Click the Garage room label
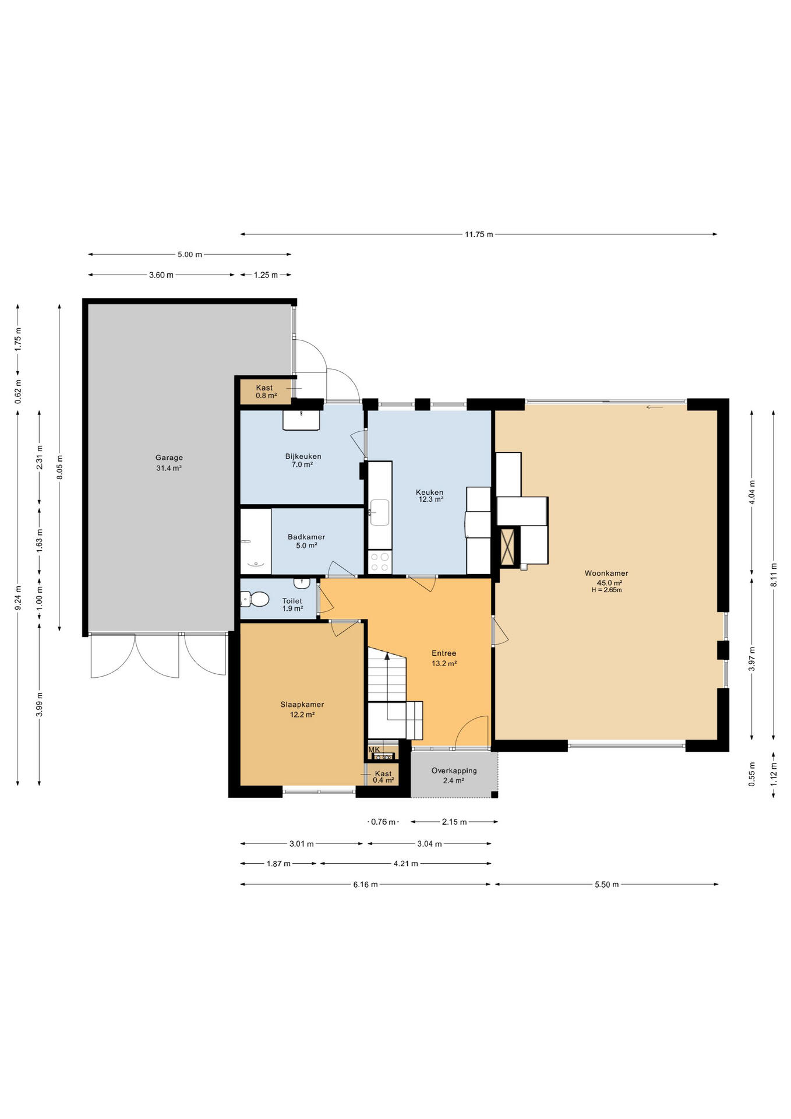pyautogui.click(x=169, y=458)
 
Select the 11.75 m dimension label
pyautogui.click(x=479, y=234)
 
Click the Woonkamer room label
pyautogui.click(x=606, y=573)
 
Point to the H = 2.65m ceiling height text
pyautogui.click(x=606, y=590)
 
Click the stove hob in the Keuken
pyautogui.click(x=380, y=562)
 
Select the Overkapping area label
pyautogui.click(x=454, y=770)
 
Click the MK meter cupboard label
pyautogui.click(x=374, y=749)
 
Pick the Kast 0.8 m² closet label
pyautogui.click(x=265, y=392)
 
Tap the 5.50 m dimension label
pyautogui.click(x=606, y=884)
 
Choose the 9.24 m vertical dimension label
pyautogui.click(x=18, y=598)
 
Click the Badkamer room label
pyautogui.click(x=306, y=537)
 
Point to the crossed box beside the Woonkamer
pyautogui.click(x=508, y=547)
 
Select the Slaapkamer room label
pyautogui.click(x=302, y=704)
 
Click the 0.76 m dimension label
pyautogui.click(x=383, y=822)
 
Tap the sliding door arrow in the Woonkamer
pyautogui.click(x=655, y=407)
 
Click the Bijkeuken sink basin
pyautogui.click(x=301, y=420)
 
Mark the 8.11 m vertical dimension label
pyautogui.click(x=774, y=574)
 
